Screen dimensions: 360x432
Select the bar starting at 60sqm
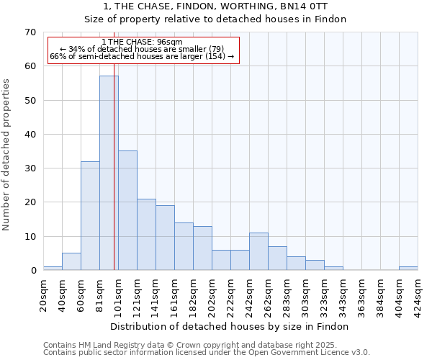tap(90, 216)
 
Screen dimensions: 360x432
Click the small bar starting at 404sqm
tap(408, 269)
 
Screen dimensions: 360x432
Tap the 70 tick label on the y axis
tap(30, 32)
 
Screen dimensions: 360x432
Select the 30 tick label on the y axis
tap(30, 168)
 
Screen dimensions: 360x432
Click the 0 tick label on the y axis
tap(33, 271)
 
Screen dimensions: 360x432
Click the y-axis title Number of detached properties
tap(7, 155)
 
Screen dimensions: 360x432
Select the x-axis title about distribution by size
tap(230, 326)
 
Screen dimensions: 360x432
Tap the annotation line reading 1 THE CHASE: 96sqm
tap(142, 42)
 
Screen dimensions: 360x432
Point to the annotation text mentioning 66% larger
tap(142, 56)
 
